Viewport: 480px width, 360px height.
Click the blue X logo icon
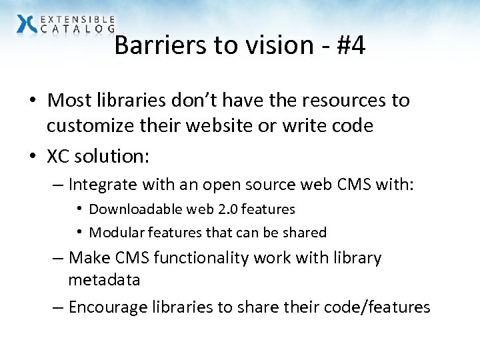pyautogui.click(x=27, y=24)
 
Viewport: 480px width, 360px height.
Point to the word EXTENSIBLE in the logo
pyautogui.click(x=78, y=20)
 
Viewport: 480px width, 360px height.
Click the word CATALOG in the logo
pyautogui.click(x=78, y=29)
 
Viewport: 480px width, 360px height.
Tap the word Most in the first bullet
pyautogui.click(x=69, y=101)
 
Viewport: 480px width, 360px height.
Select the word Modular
pyautogui.click(x=115, y=233)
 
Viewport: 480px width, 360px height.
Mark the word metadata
pyautogui.click(x=104, y=280)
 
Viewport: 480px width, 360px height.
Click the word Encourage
pyautogui.click(x=109, y=307)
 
